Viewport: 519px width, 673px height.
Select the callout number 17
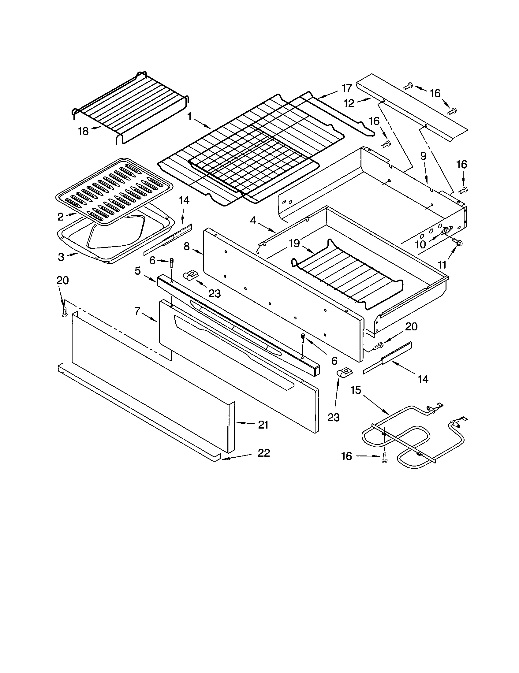pos(347,88)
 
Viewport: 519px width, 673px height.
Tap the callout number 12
pos(349,103)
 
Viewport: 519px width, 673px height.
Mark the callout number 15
pos(356,390)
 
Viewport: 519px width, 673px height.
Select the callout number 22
pos(264,453)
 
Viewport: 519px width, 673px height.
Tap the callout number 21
pos(263,425)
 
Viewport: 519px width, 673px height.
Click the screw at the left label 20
pos(64,312)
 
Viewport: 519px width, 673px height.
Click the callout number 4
pos(253,221)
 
